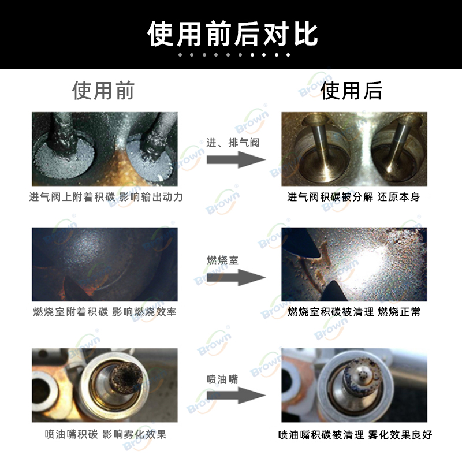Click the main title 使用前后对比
(233, 34)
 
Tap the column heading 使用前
(103, 91)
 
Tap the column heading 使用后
(352, 91)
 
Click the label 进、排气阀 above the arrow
(233, 143)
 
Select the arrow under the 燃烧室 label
(236, 277)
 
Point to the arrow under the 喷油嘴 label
(236, 395)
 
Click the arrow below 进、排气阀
(236, 160)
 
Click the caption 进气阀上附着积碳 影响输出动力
(106, 197)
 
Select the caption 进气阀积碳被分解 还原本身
(353, 197)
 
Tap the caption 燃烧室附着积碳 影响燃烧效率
(105, 312)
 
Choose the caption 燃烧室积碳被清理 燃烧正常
(354, 312)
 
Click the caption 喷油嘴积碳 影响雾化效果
(106, 434)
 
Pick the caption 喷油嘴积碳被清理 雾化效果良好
(355, 435)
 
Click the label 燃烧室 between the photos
(222, 260)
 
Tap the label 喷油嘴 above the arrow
(222, 379)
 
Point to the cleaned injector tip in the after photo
(363, 375)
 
